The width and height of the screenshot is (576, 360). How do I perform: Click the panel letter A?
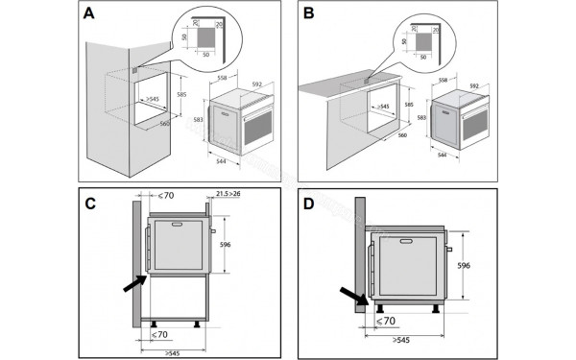click(88, 15)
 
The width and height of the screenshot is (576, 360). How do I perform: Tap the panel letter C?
click(89, 204)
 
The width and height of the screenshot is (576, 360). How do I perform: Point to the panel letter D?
click(309, 204)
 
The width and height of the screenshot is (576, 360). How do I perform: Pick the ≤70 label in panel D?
click(385, 320)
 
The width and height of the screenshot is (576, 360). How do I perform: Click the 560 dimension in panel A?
click(163, 124)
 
